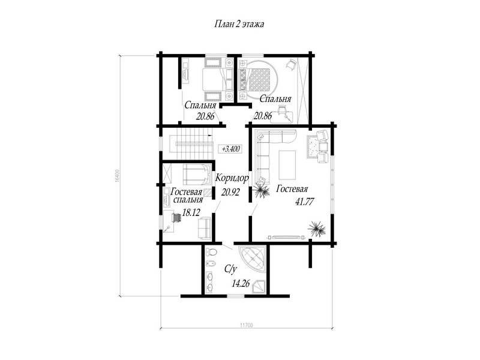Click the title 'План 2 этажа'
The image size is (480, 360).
point(239,24)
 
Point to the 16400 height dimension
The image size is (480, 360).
point(117,175)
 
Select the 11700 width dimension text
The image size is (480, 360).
point(247,325)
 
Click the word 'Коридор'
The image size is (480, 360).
point(232,178)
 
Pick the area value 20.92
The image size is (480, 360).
point(230,192)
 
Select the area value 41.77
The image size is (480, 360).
point(305,202)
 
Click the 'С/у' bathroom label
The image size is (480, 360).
point(231,269)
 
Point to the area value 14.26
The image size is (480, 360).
point(241,284)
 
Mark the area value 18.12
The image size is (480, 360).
point(191,212)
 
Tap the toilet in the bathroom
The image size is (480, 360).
point(211,251)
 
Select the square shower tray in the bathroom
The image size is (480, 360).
point(259,287)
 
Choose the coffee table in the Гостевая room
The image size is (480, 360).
point(287,165)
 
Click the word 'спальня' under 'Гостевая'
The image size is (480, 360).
point(188,200)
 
